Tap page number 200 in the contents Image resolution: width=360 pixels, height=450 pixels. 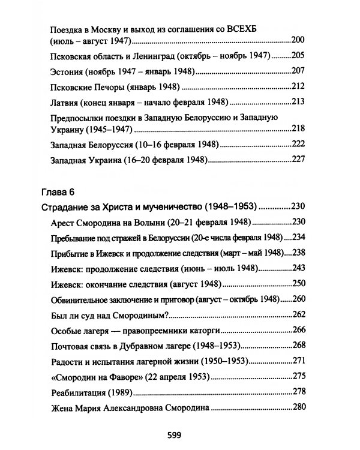(298, 40)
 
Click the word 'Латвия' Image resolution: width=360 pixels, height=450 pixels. (66, 100)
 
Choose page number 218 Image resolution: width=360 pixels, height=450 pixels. (298, 129)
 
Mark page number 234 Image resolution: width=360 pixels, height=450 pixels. (298, 237)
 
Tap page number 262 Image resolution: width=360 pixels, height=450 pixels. (298, 315)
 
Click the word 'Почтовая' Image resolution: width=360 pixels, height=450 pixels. (70, 346)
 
